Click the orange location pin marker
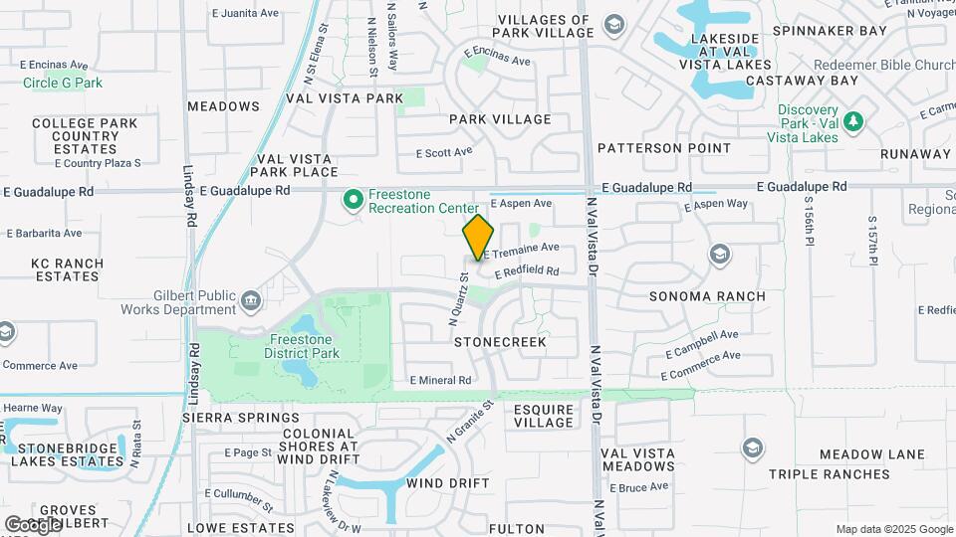478,238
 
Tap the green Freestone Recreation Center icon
352,201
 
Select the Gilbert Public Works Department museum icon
250,298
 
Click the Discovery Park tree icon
851,122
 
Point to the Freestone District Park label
302,346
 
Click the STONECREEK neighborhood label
500,341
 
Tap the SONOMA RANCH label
707,296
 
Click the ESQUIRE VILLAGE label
544,416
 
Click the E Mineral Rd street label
440,380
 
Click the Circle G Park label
63,83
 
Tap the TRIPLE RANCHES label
829,474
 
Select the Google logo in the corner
32,524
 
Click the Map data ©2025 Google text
893,529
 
